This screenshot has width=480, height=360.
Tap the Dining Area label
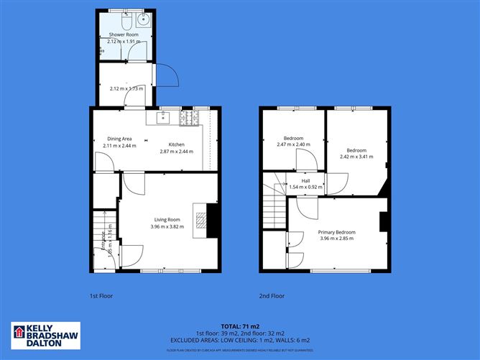(119, 139)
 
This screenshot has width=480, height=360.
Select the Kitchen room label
(177, 144)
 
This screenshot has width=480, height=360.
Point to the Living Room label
(167, 220)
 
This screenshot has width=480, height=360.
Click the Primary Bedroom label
(337, 232)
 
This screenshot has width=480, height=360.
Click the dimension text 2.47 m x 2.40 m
(293, 144)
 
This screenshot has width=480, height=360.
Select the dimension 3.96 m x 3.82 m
(167, 226)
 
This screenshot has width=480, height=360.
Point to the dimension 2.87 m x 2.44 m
(177, 151)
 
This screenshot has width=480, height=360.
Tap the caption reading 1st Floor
(101, 295)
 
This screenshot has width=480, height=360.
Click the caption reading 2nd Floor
(272, 295)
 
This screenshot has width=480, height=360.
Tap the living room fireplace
(209, 219)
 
